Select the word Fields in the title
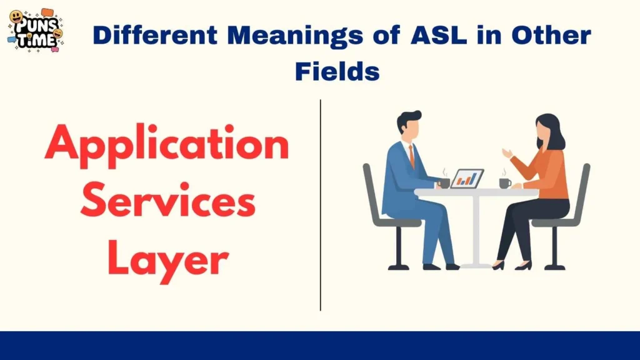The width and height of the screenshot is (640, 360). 337,71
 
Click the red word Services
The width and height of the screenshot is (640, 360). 167,203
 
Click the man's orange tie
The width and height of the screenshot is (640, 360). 412,157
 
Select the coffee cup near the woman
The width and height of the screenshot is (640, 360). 504,182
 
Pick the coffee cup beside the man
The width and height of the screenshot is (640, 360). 444,182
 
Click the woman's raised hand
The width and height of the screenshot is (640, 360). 507,153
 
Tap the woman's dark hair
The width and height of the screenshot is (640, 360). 552,130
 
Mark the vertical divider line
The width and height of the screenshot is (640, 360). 321,206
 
